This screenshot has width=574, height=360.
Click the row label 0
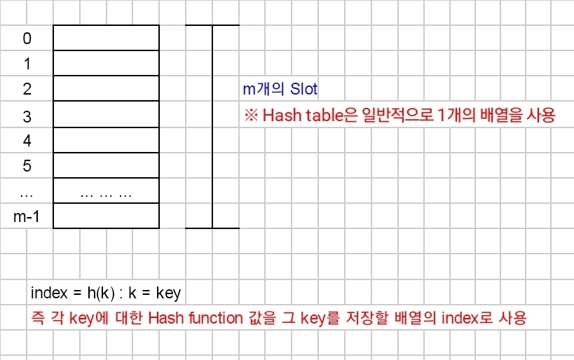27,39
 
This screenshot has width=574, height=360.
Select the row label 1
27,64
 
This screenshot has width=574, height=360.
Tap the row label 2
27,89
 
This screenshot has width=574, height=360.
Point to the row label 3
27,116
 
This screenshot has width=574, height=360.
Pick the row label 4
27,141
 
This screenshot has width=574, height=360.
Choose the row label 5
27,166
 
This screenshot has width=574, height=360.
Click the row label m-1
27,216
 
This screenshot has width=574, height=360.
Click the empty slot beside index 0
106,38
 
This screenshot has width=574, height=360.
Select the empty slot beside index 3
106,115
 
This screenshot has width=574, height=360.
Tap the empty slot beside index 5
106,165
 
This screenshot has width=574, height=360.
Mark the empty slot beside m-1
106,216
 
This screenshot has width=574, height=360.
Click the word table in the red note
322,116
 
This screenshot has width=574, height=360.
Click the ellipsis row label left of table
27,191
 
